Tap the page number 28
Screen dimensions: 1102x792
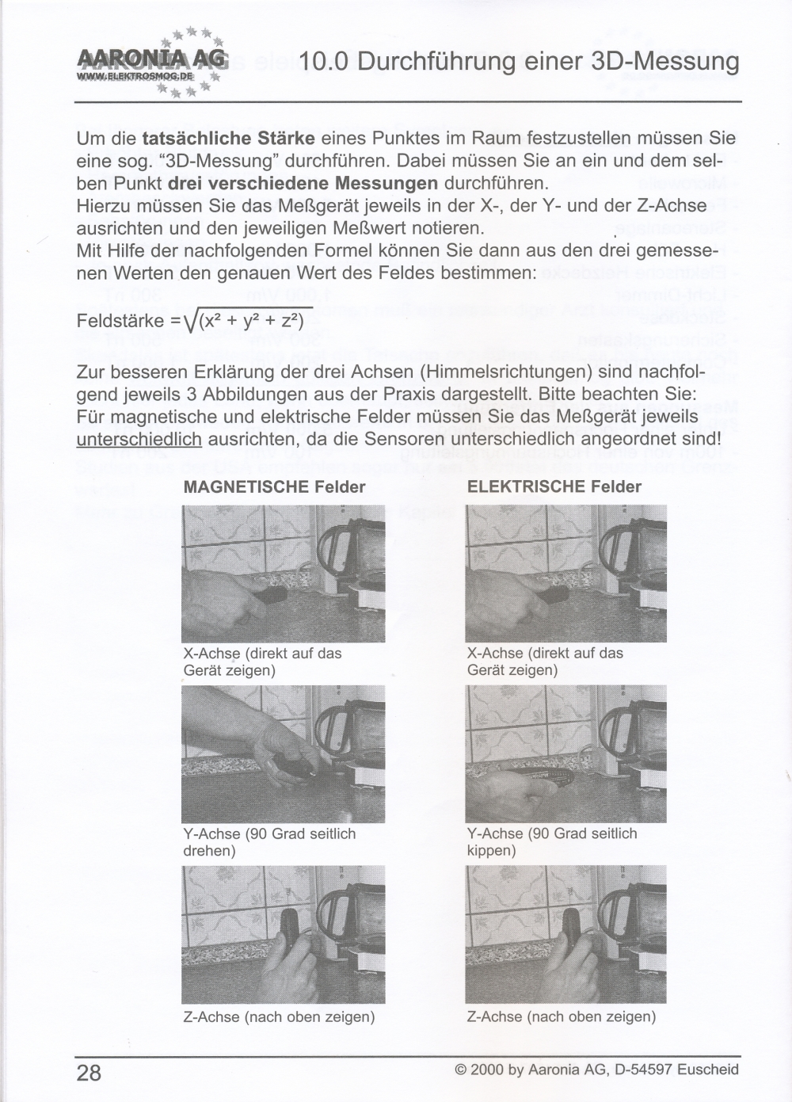click(x=89, y=1073)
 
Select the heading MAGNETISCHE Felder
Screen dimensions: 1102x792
click(x=274, y=486)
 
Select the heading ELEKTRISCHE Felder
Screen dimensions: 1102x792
click(x=554, y=486)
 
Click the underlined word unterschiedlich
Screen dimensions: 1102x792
click(x=139, y=438)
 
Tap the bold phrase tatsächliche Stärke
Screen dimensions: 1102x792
click(x=228, y=138)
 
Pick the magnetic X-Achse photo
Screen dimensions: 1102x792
click(x=283, y=573)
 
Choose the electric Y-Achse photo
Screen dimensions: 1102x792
click(x=565, y=753)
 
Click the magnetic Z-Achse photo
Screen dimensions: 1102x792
click(x=283, y=934)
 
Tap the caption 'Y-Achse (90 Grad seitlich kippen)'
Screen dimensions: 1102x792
click(x=552, y=842)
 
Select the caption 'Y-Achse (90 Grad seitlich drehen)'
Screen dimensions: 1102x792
click(x=269, y=842)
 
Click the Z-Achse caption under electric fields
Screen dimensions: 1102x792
click(x=561, y=1016)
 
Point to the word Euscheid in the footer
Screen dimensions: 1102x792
click(x=709, y=1070)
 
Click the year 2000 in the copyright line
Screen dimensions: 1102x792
click(x=486, y=1070)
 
